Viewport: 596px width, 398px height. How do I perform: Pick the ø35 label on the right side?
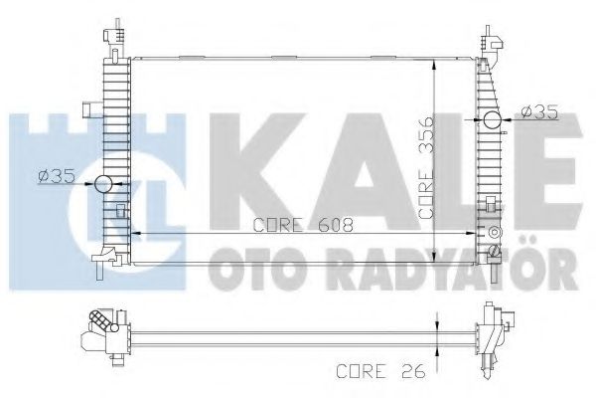coord(536,110)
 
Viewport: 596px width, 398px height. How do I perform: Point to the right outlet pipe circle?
coord(492,122)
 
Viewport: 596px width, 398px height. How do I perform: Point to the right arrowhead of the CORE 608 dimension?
coord(475,233)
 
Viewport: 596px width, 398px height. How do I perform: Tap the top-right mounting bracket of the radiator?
coord(491,42)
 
